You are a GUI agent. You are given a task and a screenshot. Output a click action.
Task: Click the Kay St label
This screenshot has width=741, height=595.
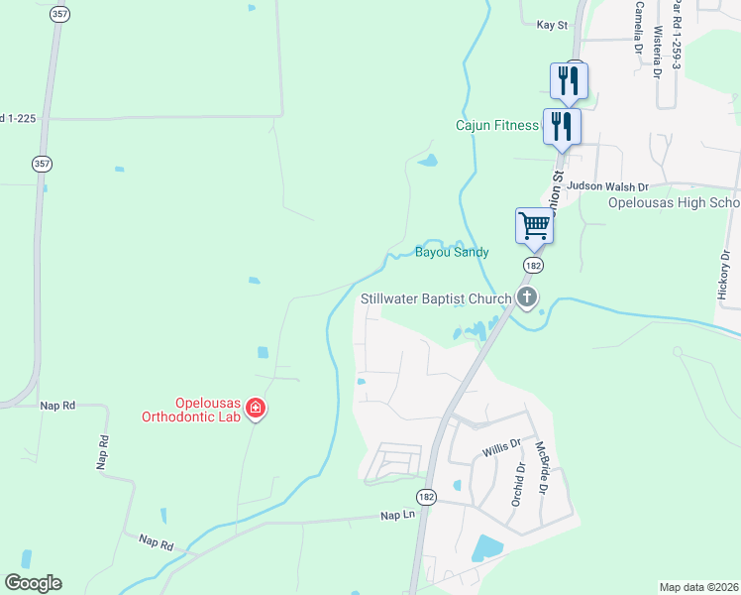click(x=551, y=24)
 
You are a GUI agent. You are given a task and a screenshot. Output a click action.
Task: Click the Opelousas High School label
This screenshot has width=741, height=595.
click(x=674, y=203)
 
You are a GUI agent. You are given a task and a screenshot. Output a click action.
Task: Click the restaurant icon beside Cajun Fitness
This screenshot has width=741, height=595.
click(x=562, y=127)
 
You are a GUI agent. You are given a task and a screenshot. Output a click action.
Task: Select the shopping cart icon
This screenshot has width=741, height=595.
click(x=534, y=226)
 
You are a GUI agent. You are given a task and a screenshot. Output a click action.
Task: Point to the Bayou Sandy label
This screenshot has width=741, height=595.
click(x=452, y=253)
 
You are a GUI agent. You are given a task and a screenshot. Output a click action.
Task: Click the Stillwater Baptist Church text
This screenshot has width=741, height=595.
click(x=436, y=297)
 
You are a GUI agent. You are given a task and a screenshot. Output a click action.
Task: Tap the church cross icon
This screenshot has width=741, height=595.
click(x=527, y=297)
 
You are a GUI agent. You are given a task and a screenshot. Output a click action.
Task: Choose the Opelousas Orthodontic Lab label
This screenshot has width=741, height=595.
click(x=209, y=411)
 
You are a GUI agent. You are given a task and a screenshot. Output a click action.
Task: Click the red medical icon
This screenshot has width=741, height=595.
click(x=256, y=408)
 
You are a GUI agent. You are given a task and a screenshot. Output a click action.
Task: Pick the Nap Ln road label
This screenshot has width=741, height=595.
click(x=396, y=516)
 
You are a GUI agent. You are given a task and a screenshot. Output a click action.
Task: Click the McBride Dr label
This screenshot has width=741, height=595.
click(x=542, y=468)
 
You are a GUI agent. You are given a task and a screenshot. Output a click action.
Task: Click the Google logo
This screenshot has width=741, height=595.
click(x=33, y=583)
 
